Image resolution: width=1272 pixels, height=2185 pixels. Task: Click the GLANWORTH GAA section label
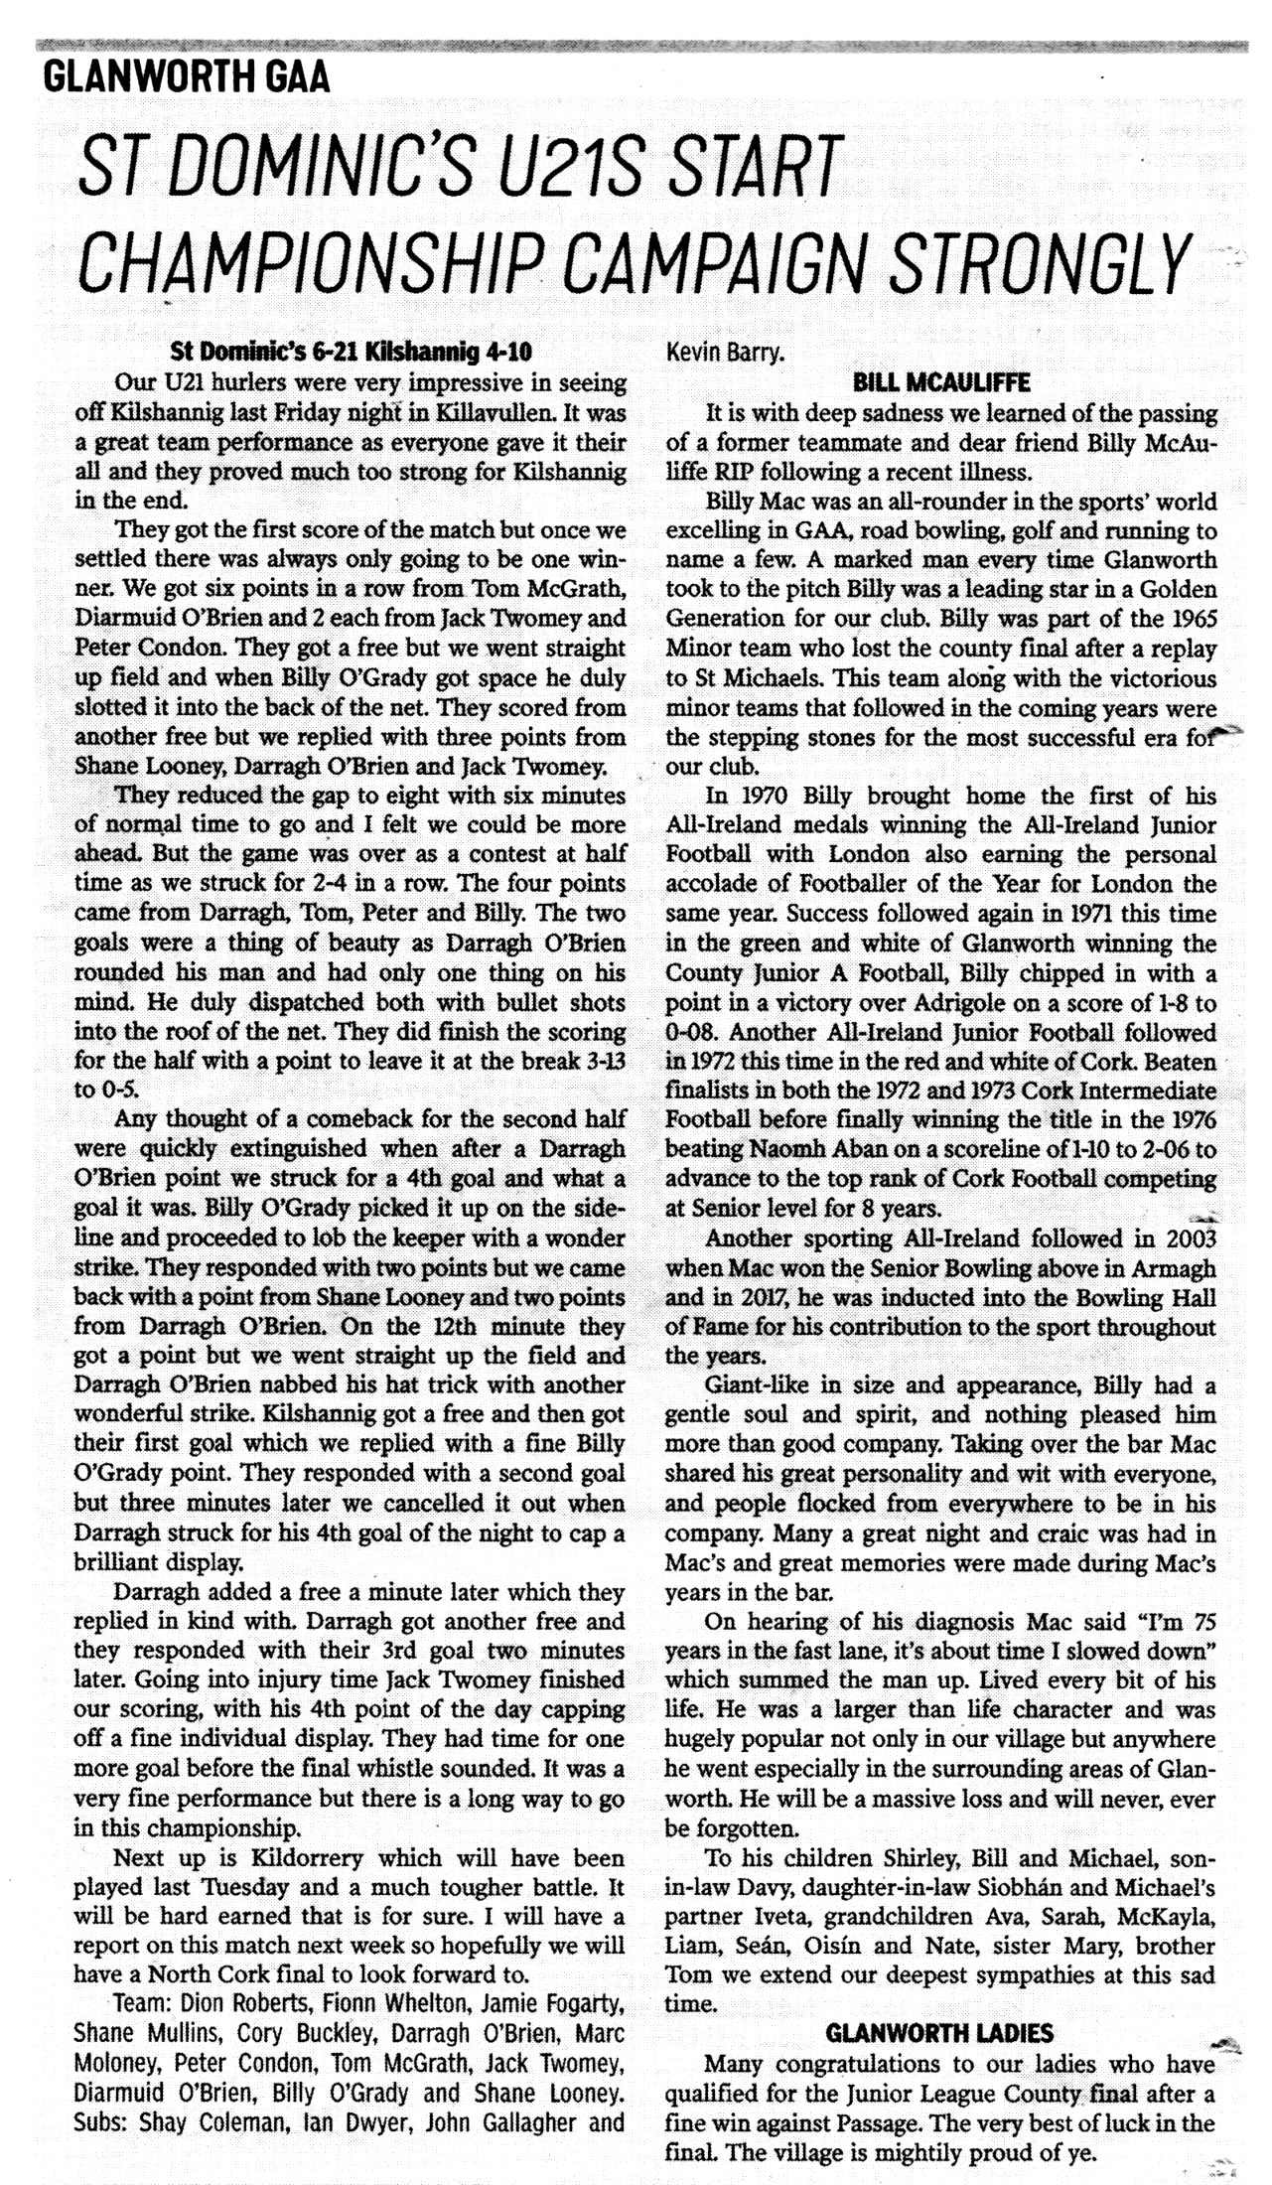(188, 76)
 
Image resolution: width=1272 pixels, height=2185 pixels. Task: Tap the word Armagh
(1169, 1268)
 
